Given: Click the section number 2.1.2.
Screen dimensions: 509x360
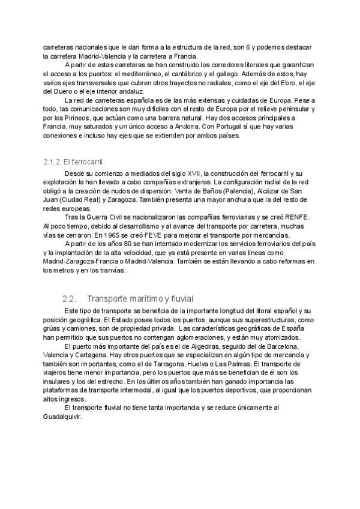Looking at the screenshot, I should coord(52,162).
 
